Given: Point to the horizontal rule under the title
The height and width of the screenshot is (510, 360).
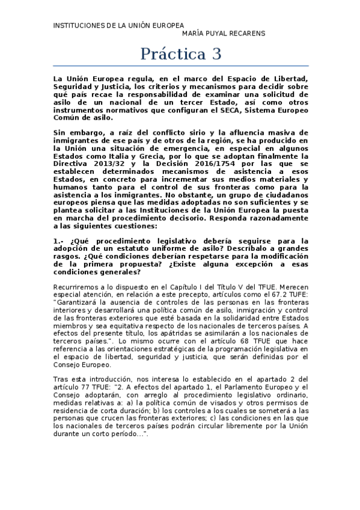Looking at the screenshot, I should pyautogui.click(x=180, y=66).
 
